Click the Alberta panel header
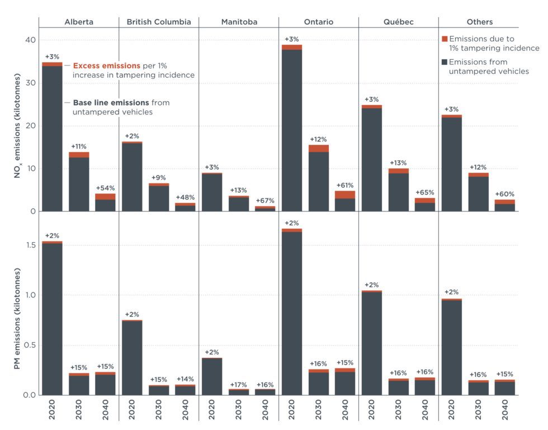coord(79,22)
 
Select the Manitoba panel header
coord(239,22)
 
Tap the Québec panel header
coord(398,22)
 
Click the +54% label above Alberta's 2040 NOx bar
coord(106,188)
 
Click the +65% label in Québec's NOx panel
coord(425,192)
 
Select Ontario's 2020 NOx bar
coord(292,129)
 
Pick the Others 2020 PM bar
coord(452,347)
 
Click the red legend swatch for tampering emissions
coord(445,39)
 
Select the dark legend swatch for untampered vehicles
coord(445,62)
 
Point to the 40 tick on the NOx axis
coord(29,40)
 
